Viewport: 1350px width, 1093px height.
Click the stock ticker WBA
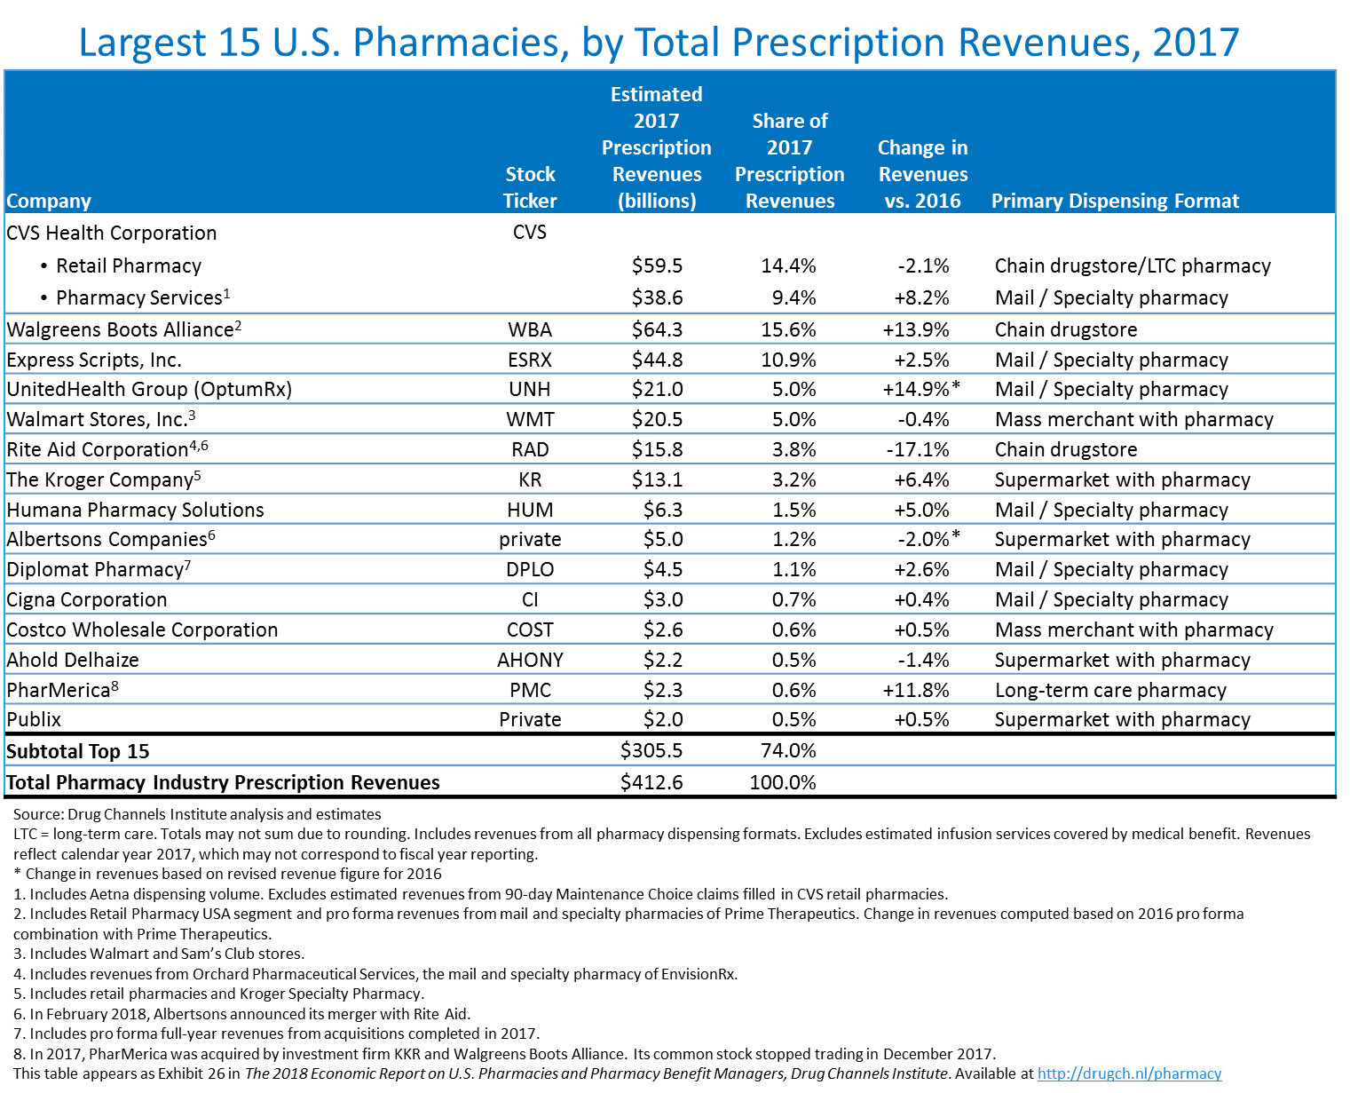530,330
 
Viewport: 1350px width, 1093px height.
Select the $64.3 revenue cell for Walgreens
657,330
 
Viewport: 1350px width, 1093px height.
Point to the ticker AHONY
530,661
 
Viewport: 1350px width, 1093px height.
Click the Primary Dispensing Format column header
1115,202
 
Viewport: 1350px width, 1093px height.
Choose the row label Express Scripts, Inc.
94,360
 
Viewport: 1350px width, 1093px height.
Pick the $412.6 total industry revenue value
651,783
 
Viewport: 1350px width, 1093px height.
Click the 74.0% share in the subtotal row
788,751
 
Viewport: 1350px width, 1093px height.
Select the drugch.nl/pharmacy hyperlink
1129,1074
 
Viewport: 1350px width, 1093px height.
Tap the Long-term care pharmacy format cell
1110,691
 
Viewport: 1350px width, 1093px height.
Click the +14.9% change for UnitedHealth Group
916,390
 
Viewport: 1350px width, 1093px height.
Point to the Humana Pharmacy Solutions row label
135,511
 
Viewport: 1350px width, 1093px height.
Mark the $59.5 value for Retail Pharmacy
657,266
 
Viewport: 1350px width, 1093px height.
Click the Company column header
49,202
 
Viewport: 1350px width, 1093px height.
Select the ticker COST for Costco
530,630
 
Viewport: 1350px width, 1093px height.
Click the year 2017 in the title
1196,43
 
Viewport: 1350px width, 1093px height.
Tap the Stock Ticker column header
530,187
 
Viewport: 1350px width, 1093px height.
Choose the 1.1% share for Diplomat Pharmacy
793,570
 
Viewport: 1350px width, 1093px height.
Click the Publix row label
34,720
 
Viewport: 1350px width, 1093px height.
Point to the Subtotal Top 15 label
78,752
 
